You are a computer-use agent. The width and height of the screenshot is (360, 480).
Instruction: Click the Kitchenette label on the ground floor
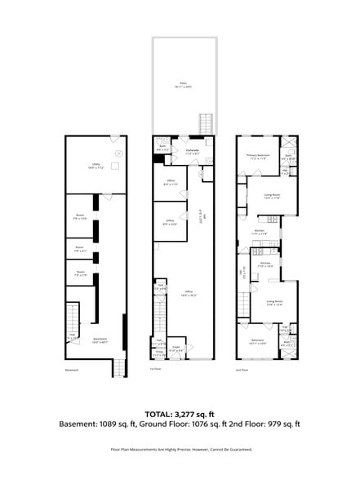[193, 151]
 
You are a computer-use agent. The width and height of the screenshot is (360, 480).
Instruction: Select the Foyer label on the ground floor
[176, 349]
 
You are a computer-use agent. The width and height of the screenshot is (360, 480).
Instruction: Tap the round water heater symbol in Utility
[118, 153]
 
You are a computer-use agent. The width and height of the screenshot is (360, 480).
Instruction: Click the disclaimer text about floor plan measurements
[180, 449]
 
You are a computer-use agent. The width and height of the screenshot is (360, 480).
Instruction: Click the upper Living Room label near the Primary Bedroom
[272, 196]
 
